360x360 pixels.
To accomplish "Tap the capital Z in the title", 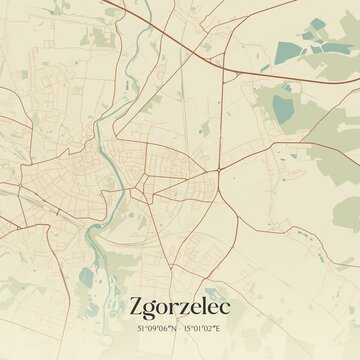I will click(137, 304).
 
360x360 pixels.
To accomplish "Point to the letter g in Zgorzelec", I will click(151, 308).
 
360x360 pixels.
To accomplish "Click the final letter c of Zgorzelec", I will click(225, 306).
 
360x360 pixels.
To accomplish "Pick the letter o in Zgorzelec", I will click(164, 306).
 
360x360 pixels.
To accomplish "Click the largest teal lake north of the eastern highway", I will click(290, 49).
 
